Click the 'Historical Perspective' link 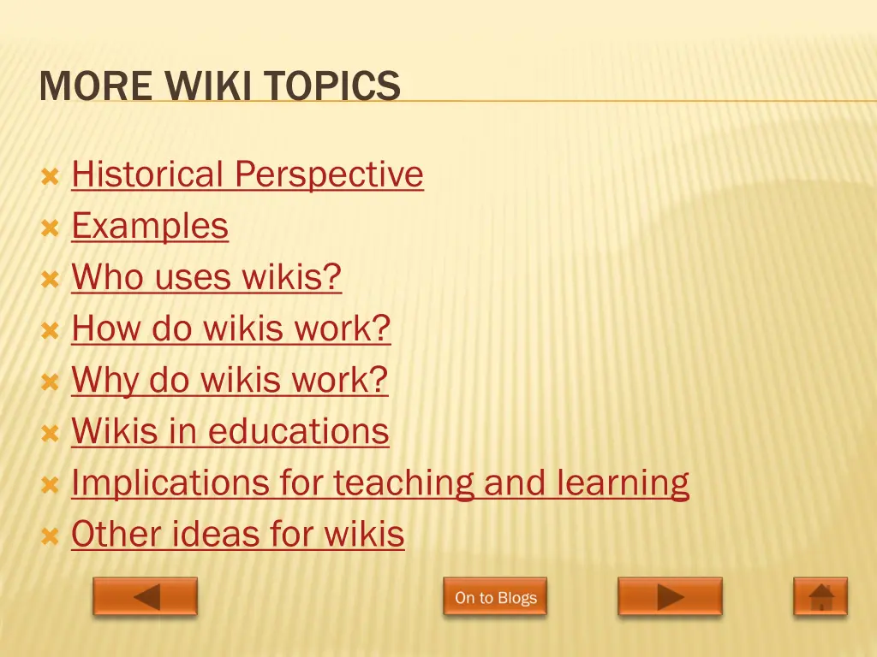coord(247,175)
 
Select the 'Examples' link coord(150,226)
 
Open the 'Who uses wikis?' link coord(206,277)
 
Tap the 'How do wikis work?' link coord(231,328)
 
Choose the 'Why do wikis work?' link coord(230,380)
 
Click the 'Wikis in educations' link coord(230,431)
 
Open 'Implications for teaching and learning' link coord(379,482)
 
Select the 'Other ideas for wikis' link coord(237,534)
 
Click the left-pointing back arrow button coord(146,596)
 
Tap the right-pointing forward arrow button coord(670,596)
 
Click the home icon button coord(820,596)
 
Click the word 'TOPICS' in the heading coord(332,86)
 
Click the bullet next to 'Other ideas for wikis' coord(50,537)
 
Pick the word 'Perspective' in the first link coord(329,175)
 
